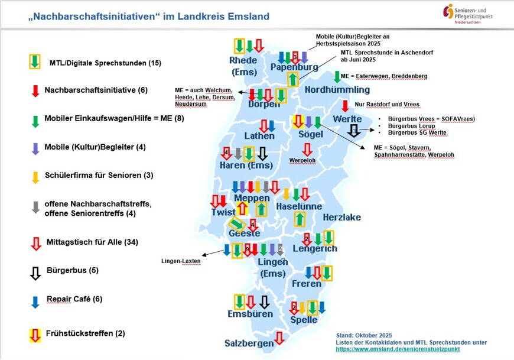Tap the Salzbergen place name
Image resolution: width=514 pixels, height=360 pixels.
click(249, 343)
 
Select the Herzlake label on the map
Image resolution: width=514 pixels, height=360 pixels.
click(341, 217)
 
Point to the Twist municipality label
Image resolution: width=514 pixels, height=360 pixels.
click(224, 212)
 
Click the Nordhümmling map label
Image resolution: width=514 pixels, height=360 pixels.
click(337, 90)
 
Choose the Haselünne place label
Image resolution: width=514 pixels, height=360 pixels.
click(299, 207)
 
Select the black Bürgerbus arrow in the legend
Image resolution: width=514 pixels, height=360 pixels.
click(35, 273)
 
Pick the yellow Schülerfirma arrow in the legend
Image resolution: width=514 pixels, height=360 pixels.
click(35, 177)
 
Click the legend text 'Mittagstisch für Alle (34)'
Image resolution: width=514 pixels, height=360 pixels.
click(92, 242)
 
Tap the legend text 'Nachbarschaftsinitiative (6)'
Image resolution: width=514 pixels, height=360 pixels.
click(96, 90)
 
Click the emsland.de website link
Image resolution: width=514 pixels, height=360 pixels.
click(398, 349)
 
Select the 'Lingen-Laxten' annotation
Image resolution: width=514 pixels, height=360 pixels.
click(180, 261)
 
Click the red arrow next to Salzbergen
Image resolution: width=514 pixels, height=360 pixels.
click(279, 339)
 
